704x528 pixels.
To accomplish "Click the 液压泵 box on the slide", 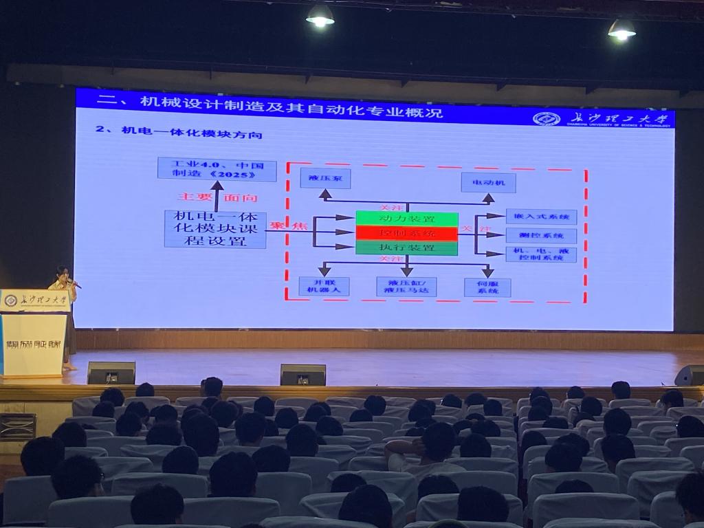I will tap(325, 178).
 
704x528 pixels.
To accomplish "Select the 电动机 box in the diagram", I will tap(488, 182).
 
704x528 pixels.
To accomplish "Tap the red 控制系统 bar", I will tap(406, 233).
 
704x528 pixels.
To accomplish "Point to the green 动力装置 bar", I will tap(406, 219).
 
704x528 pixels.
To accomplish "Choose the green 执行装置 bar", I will tap(406, 247).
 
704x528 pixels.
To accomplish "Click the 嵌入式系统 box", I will tap(541, 217).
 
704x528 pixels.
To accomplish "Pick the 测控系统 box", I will tap(541, 235).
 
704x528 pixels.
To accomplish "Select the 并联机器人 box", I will tap(324, 286).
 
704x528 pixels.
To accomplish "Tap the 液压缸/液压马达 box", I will tap(406, 286).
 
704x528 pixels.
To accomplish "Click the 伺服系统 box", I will tap(487, 287).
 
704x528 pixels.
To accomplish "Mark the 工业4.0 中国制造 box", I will tap(217, 169).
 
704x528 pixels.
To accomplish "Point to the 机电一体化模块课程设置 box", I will tap(215, 229).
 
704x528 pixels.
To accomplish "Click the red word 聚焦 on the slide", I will tap(278, 225).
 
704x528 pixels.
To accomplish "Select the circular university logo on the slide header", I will tap(546, 118).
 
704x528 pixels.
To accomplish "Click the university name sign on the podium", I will tap(34, 300).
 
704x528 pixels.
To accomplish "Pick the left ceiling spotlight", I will tap(320, 16).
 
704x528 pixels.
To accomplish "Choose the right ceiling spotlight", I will tap(621, 29).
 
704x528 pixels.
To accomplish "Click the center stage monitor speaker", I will tap(302, 375).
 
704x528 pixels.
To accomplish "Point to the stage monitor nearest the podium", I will tap(111, 373).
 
